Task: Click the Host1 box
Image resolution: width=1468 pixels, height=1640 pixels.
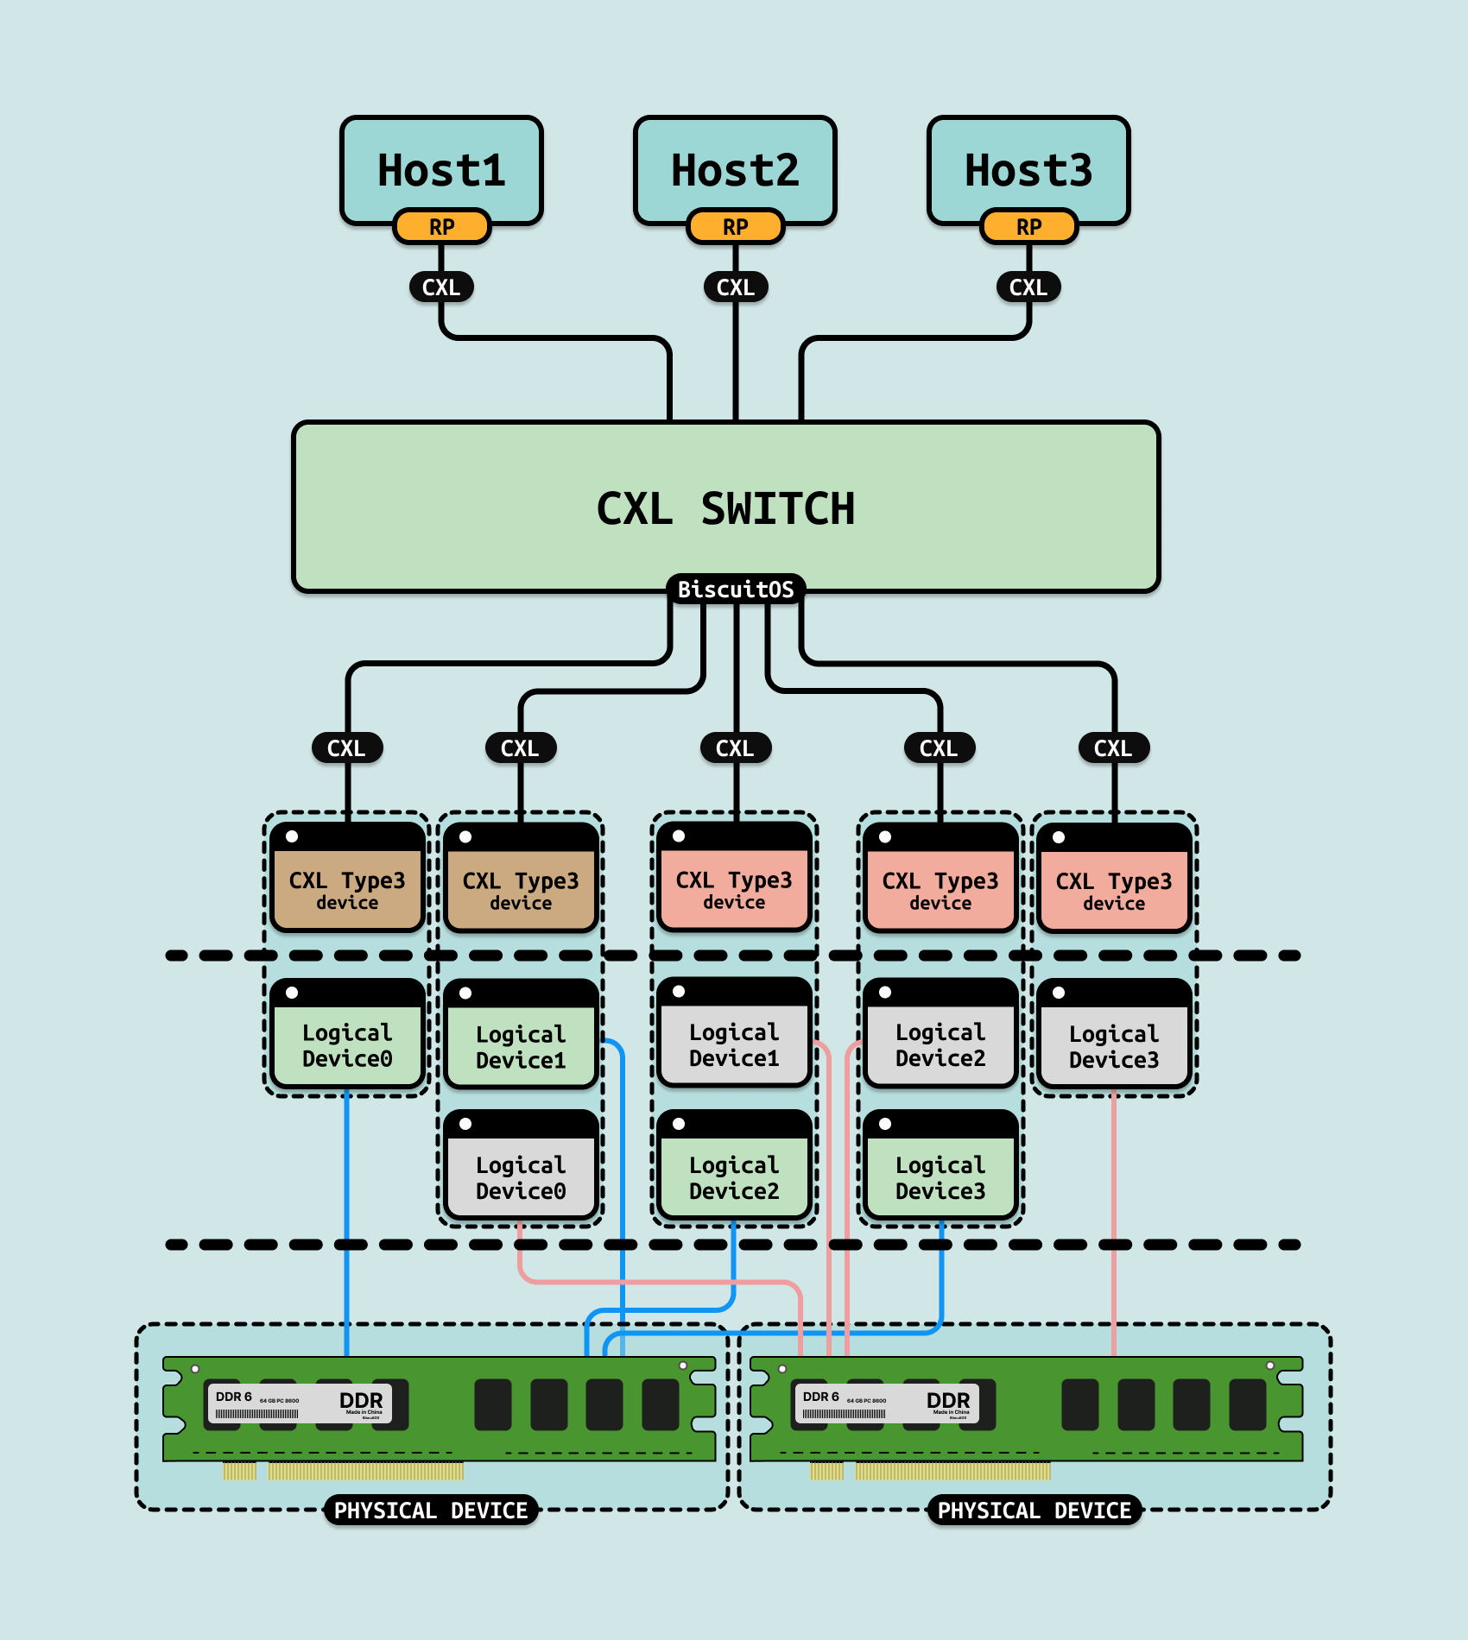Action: [x=441, y=168]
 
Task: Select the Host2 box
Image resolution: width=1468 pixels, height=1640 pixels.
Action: [x=735, y=168]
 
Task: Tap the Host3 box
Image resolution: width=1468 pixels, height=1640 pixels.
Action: [x=1028, y=168]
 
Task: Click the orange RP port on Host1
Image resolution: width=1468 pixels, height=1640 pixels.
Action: [x=441, y=227]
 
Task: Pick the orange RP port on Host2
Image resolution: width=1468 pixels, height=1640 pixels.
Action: [x=735, y=227]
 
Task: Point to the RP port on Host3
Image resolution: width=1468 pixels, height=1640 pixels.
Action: [x=1028, y=227]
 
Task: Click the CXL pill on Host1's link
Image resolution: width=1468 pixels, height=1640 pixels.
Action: [x=441, y=287]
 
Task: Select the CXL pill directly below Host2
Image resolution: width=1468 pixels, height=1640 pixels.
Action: [x=735, y=287]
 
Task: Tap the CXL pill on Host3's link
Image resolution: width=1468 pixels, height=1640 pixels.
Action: [x=1028, y=287]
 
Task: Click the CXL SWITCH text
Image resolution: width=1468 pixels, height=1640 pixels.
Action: [x=725, y=508]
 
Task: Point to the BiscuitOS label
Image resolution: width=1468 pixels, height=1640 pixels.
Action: [x=736, y=590]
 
